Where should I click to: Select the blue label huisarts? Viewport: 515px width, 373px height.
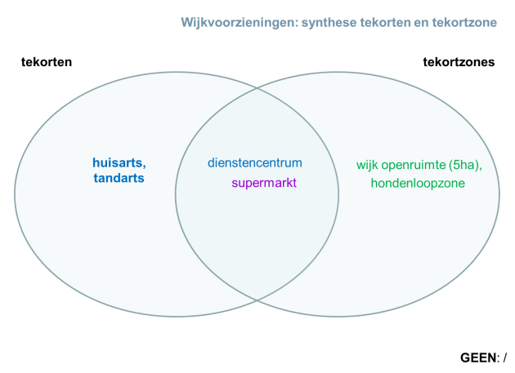point(117,163)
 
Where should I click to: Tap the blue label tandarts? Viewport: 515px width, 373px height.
point(119,178)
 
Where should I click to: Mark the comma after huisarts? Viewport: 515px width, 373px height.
point(145,166)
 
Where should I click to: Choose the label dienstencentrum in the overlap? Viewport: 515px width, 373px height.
point(255,163)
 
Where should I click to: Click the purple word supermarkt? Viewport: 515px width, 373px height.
point(264,183)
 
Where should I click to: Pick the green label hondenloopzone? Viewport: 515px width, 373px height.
point(418,184)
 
